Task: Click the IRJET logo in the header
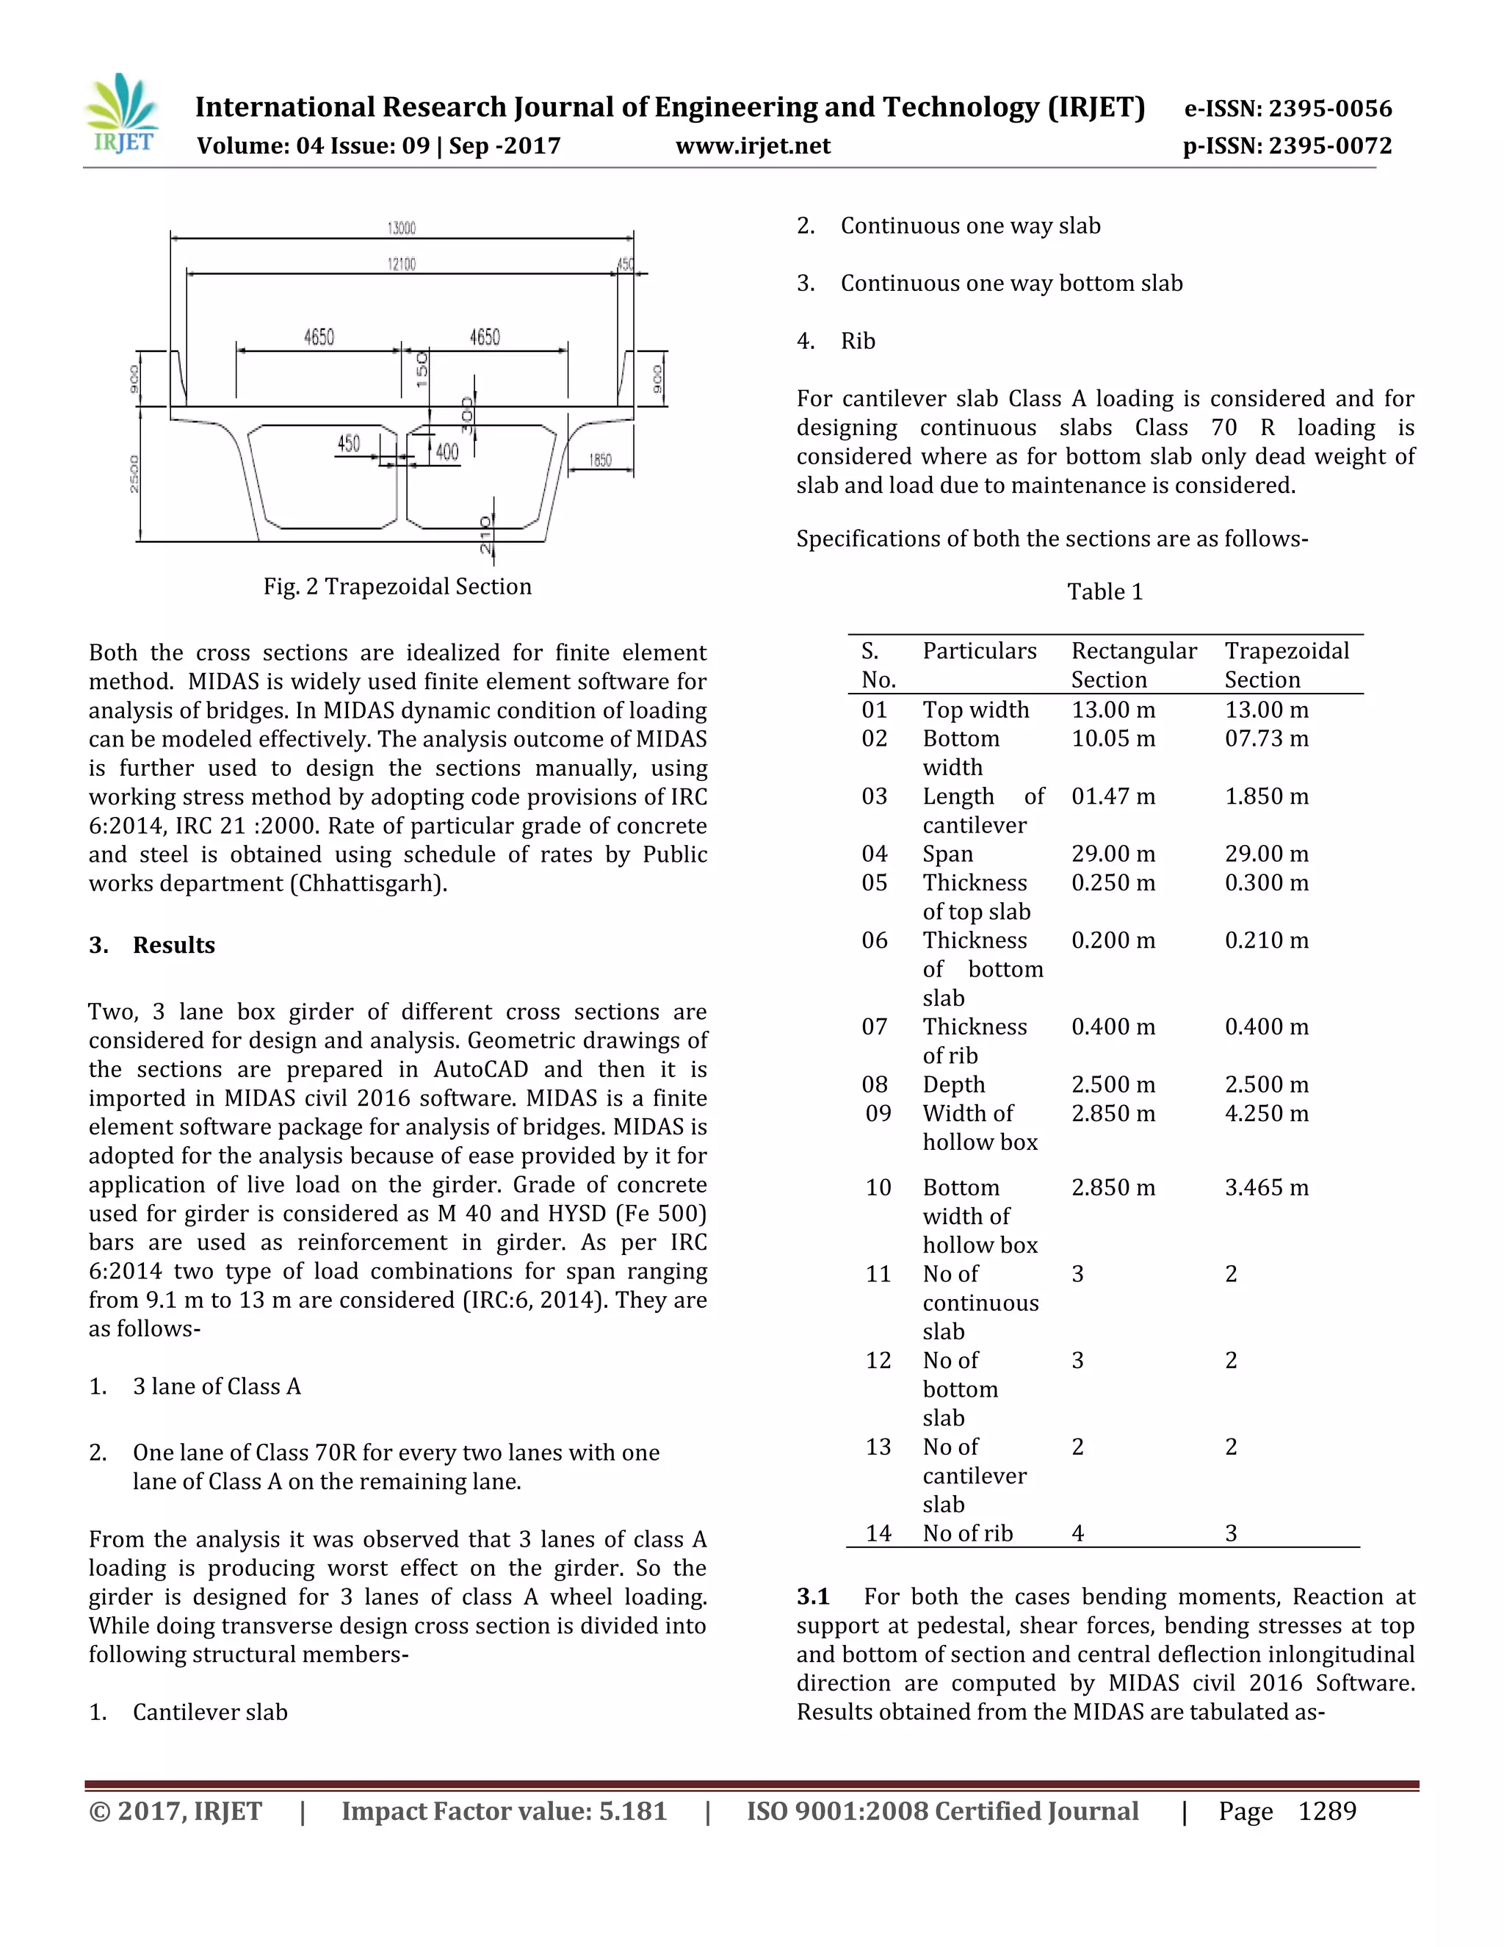pyautogui.click(x=123, y=116)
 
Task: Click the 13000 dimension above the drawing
pyautogui.click(x=401, y=228)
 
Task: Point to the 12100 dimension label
pyautogui.click(x=401, y=264)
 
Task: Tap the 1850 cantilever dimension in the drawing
pyautogui.click(x=601, y=460)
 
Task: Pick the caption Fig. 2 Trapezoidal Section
pyautogui.click(x=397, y=586)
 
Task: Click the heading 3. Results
pyautogui.click(x=151, y=945)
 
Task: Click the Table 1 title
pyautogui.click(x=1104, y=592)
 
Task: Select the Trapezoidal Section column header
pyautogui.click(x=1286, y=665)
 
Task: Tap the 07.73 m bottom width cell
pyautogui.click(x=1266, y=738)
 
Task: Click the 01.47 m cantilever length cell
pyautogui.click(x=1113, y=796)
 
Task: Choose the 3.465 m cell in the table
pyautogui.click(x=1266, y=1187)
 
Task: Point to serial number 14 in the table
pyautogui.click(x=878, y=1533)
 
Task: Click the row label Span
pyautogui.click(x=948, y=854)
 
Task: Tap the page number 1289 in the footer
pyautogui.click(x=1327, y=1812)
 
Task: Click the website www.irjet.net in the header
pyautogui.click(x=753, y=146)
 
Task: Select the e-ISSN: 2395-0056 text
pyautogui.click(x=1287, y=109)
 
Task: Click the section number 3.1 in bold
pyautogui.click(x=813, y=1597)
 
